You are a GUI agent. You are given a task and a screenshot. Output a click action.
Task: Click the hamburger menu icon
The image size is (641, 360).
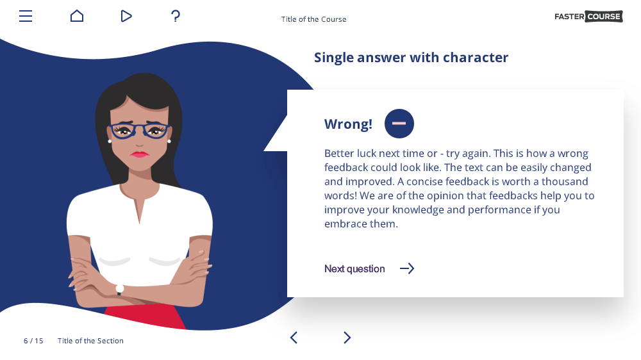pyautogui.click(x=26, y=16)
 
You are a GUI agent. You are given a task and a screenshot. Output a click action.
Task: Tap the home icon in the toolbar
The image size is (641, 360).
pyautogui.click(x=77, y=16)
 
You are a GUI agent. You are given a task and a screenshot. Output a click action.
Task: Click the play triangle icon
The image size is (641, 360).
pyautogui.click(x=126, y=16)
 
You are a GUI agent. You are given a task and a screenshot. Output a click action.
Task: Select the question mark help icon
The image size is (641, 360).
pyautogui.click(x=176, y=16)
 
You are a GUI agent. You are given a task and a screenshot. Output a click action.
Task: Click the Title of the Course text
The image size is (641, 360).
pyautogui.click(x=313, y=19)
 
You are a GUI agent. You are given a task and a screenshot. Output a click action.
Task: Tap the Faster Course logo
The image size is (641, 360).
pyautogui.click(x=588, y=17)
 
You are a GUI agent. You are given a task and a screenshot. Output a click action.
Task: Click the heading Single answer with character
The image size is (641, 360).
pyautogui.click(x=411, y=58)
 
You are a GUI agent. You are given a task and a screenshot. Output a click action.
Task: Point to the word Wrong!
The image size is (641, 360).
pyautogui.click(x=348, y=124)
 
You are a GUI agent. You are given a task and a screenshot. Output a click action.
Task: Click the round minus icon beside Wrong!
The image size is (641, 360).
pyautogui.click(x=399, y=124)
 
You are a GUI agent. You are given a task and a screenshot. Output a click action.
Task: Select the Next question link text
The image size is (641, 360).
pyautogui.click(x=354, y=269)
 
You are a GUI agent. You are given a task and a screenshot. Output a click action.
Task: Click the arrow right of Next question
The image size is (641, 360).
pyautogui.click(x=407, y=268)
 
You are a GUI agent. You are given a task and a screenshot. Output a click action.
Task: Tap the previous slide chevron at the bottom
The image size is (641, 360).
pyautogui.click(x=294, y=338)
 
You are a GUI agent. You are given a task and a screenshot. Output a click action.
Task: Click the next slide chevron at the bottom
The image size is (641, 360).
pyautogui.click(x=347, y=338)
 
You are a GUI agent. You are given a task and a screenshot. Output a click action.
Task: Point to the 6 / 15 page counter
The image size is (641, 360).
pyautogui.click(x=33, y=341)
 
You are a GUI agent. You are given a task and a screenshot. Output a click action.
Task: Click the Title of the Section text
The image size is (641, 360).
pyautogui.click(x=90, y=341)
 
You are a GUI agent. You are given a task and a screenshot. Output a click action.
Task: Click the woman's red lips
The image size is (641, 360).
pyautogui.click(x=139, y=154)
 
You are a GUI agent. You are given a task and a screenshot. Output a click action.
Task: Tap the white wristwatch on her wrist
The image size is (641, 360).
pyautogui.click(x=120, y=290)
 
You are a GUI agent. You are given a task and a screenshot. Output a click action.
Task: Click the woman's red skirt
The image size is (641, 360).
pyautogui.click(x=145, y=316)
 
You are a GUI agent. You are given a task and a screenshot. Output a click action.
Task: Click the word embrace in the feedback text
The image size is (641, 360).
pyautogui.click(x=345, y=224)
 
